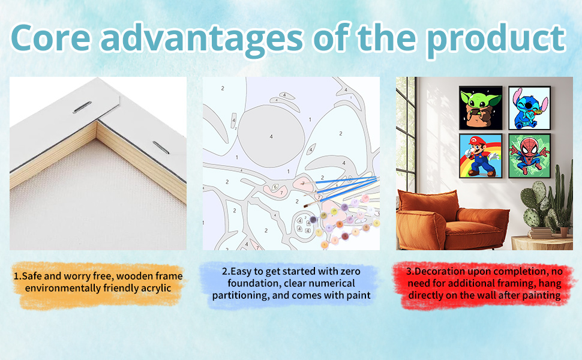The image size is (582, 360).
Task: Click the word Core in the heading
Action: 51,38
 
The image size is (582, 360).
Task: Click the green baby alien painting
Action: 481,108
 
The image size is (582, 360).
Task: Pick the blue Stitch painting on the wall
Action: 529,108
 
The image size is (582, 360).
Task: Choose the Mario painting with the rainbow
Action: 481,156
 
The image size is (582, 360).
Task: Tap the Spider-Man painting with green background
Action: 529,156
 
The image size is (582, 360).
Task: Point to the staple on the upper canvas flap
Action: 82,107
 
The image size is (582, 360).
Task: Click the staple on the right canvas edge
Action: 160,148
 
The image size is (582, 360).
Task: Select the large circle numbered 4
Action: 271,136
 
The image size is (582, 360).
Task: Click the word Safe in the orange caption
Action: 32,276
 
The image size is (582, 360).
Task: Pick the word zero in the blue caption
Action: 350,271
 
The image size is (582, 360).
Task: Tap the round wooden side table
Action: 542,243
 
